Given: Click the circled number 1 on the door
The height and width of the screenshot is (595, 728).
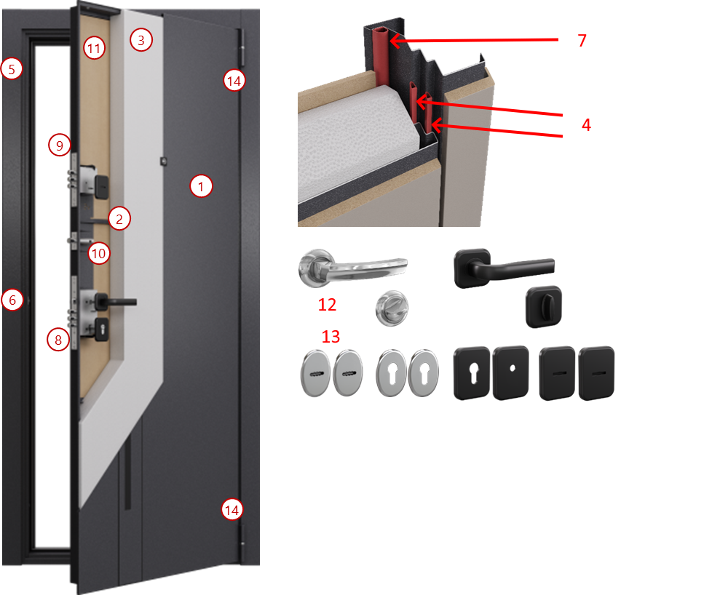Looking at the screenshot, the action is (x=201, y=186).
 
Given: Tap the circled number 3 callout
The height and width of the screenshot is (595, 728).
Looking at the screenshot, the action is (x=141, y=40).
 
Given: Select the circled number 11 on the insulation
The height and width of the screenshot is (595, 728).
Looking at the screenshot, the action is (x=94, y=48).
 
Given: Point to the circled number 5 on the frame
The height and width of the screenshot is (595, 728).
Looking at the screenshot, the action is (x=12, y=69).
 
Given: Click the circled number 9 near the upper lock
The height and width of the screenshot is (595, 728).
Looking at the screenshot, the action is (x=60, y=145).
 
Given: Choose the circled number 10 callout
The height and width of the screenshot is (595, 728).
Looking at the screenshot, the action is (x=99, y=253).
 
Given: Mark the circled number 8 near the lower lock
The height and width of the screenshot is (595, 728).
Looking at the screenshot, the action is (x=58, y=340).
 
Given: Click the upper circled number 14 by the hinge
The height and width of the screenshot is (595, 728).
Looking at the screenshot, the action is (x=234, y=81).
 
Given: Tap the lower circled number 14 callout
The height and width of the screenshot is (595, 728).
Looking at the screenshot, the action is (x=232, y=510).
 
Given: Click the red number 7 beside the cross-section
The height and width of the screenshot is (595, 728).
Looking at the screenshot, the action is (x=582, y=40).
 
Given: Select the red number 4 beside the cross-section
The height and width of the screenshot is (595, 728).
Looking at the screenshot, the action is (x=586, y=125).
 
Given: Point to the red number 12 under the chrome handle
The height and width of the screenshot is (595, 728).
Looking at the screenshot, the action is (x=327, y=305).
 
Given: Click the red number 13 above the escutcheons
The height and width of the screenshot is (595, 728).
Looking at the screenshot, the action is (x=331, y=337).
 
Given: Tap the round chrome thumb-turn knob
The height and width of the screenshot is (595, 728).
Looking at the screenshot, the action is (x=392, y=308).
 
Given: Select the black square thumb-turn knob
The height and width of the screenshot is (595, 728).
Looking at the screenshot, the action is (x=544, y=306).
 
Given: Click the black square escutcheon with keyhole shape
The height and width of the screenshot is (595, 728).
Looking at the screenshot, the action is (x=472, y=373).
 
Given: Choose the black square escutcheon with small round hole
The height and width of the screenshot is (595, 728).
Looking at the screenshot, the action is (x=511, y=372).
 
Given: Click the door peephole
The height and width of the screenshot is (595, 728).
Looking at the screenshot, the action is (x=163, y=161).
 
